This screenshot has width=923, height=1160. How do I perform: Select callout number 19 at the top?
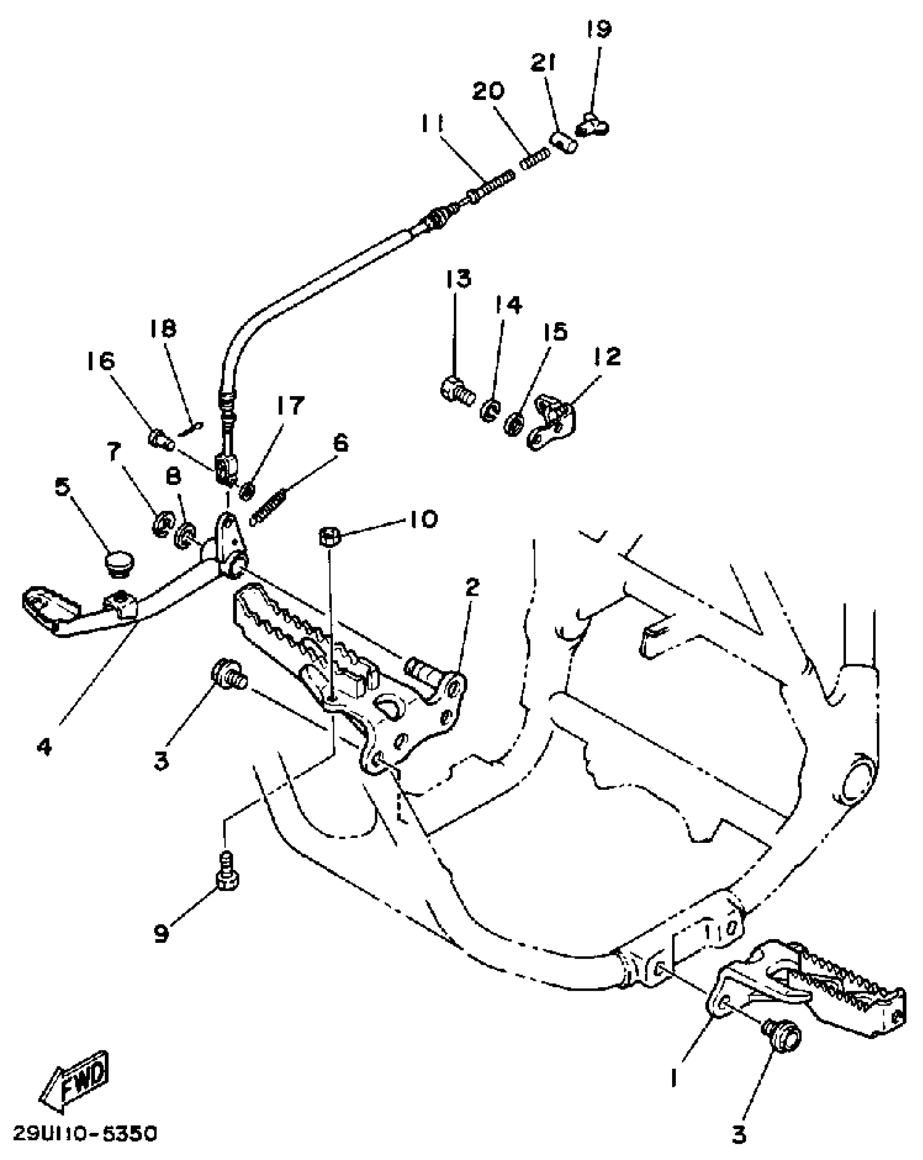tap(599, 29)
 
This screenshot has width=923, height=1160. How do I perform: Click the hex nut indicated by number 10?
tap(329, 537)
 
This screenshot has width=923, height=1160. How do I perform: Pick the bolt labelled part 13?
tap(456, 389)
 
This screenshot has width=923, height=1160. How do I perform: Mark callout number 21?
tap(543, 64)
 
